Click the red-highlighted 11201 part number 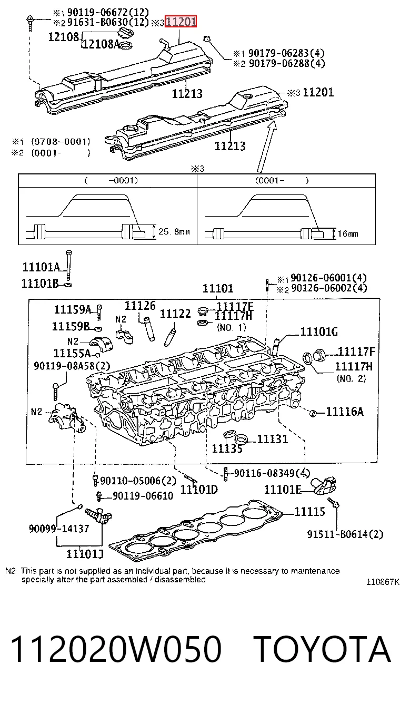pyautogui.click(x=181, y=22)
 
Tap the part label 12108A pyautogui.click(x=101, y=44)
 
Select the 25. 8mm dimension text pyautogui.click(x=174, y=232)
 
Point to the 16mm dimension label pyautogui.click(x=348, y=234)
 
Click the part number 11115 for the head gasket pyautogui.click(x=309, y=512)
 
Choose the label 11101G pyautogui.click(x=319, y=331)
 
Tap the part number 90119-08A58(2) pyautogui.click(x=72, y=366)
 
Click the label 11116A pyautogui.click(x=345, y=412)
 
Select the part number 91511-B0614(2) pyautogui.click(x=345, y=534)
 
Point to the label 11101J pyautogui.click(x=85, y=554)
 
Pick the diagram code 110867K pyautogui.click(x=383, y=582)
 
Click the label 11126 pyautogui.click(x=140, y=306)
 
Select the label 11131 pyautogui.click(x=273, y=439)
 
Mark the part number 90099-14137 pyautogui.click(x=59, y=529)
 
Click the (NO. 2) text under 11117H pyautogui.click(x=352, y=378)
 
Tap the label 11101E pyautogui.click(x=283, y=489)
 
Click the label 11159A pyautogui.click(x=73, y=310)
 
